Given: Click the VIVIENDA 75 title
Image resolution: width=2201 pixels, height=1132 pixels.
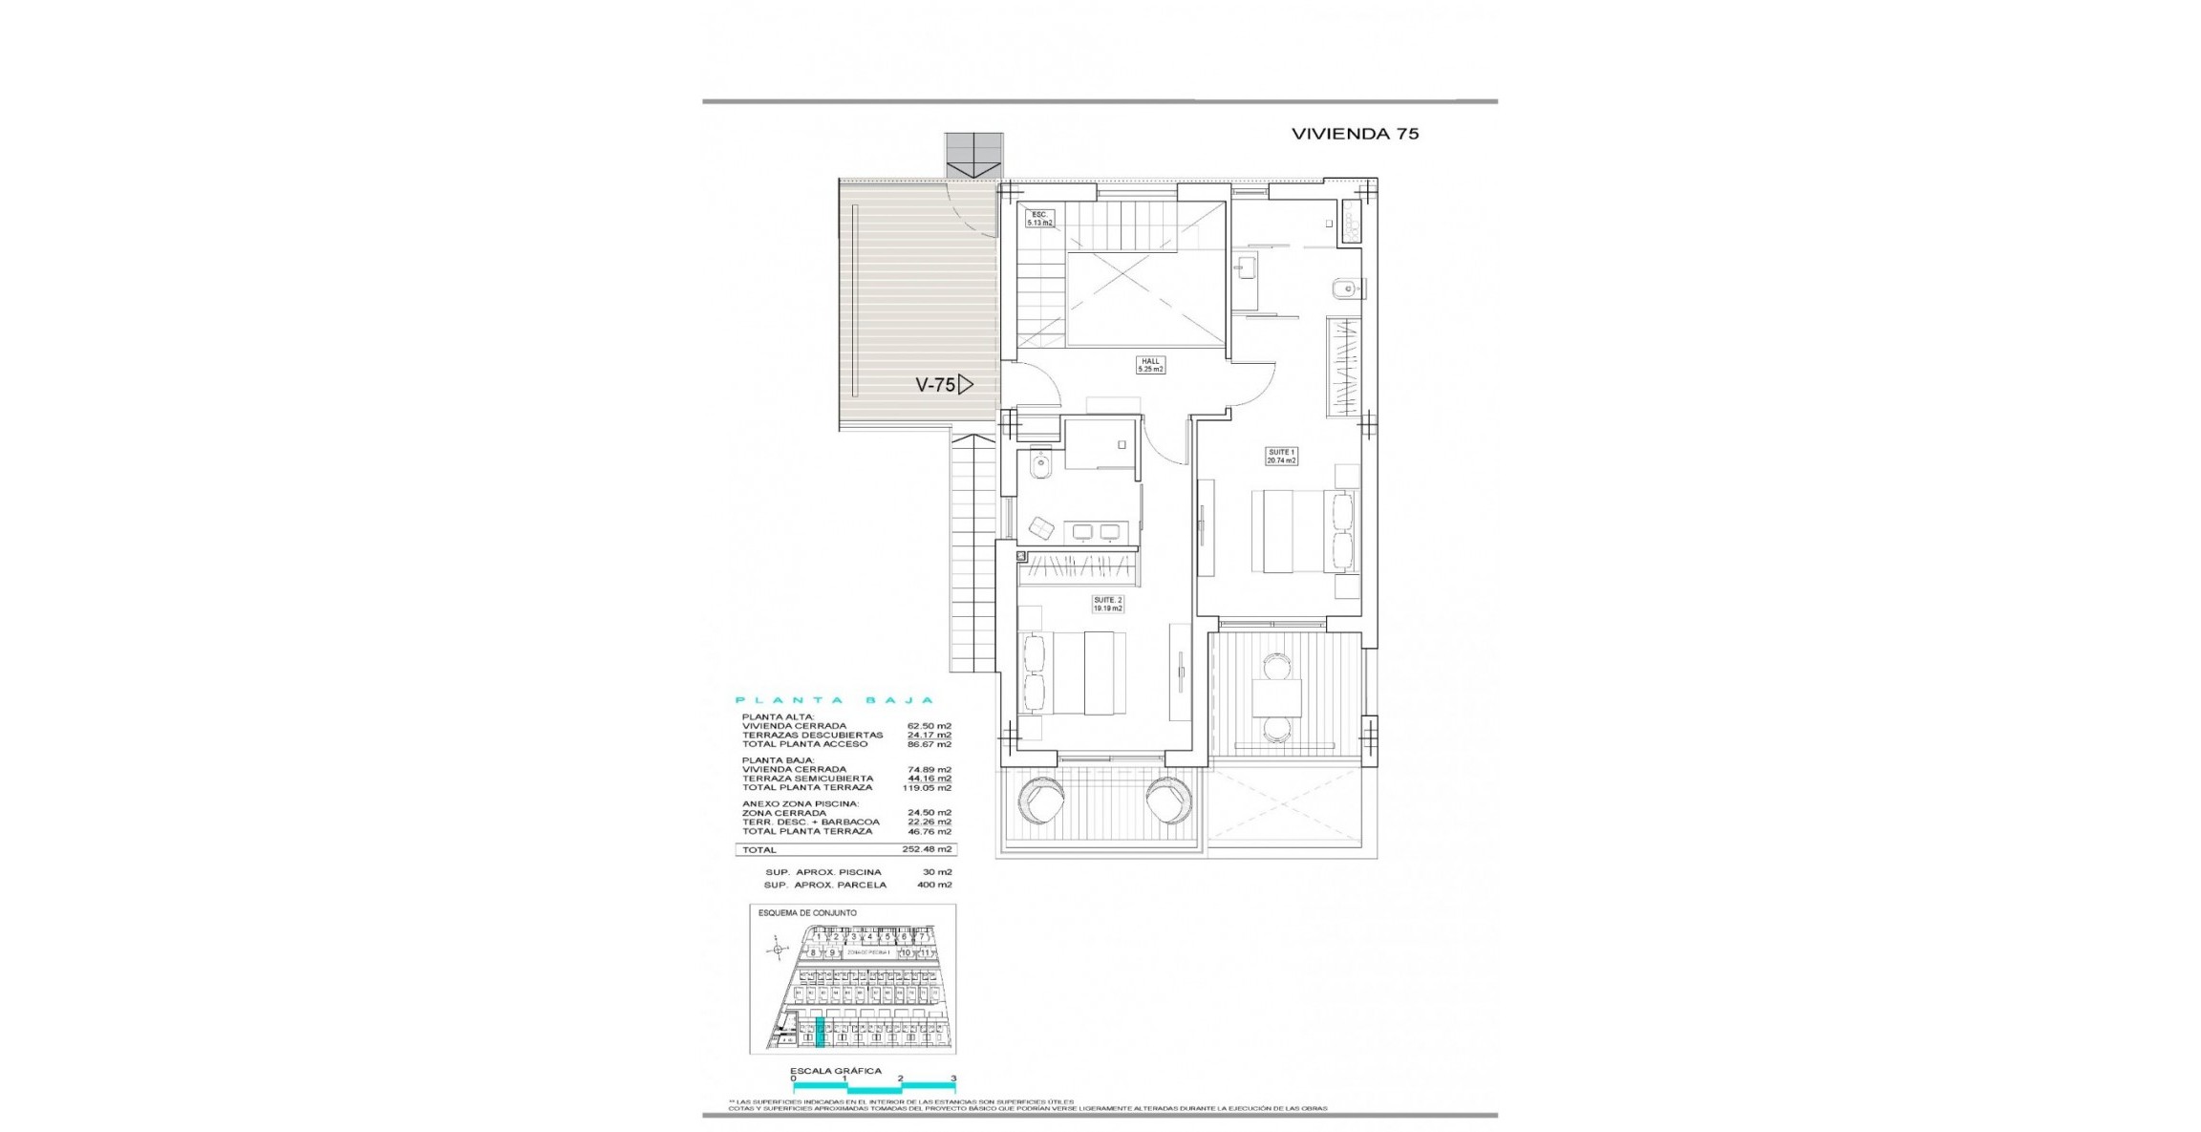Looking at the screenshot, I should pyautogui.click(x=1355, y=134).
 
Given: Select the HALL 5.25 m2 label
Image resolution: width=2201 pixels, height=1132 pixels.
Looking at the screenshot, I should pyautogui.click(x=1150, y=365).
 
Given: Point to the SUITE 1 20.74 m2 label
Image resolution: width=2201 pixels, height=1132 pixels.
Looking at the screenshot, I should pyautogui.click(x=1281, y=456).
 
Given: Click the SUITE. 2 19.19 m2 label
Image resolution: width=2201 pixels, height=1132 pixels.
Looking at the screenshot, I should pyautogui.click(x=1107, y=604).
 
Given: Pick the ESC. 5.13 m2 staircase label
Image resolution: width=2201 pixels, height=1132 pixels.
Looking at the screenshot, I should pyautogui.click(x=1039, y=219).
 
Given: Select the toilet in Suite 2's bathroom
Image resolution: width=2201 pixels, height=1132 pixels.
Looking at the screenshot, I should pyautogui.click(x=1038, y=466).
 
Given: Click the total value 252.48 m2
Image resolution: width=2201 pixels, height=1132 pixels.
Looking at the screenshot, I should pyautogui.click(x=927, y=849).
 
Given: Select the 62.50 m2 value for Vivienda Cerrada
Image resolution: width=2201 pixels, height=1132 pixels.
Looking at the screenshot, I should pyautogui.click(x=929, y=726).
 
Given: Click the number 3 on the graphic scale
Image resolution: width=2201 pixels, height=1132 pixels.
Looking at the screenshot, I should pyautogui.click(x=953, y=1079).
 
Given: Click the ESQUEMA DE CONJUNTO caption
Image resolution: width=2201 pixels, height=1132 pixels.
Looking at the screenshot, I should pyautogui.click(x=807, y=913).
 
